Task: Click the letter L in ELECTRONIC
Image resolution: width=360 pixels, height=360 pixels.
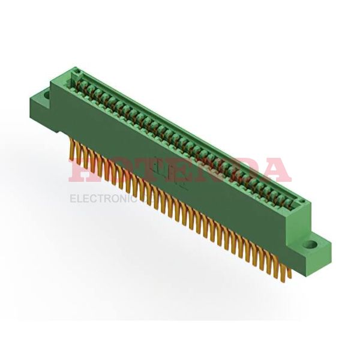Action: tap(80, 198)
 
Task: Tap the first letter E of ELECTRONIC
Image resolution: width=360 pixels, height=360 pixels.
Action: tap(73, 198)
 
